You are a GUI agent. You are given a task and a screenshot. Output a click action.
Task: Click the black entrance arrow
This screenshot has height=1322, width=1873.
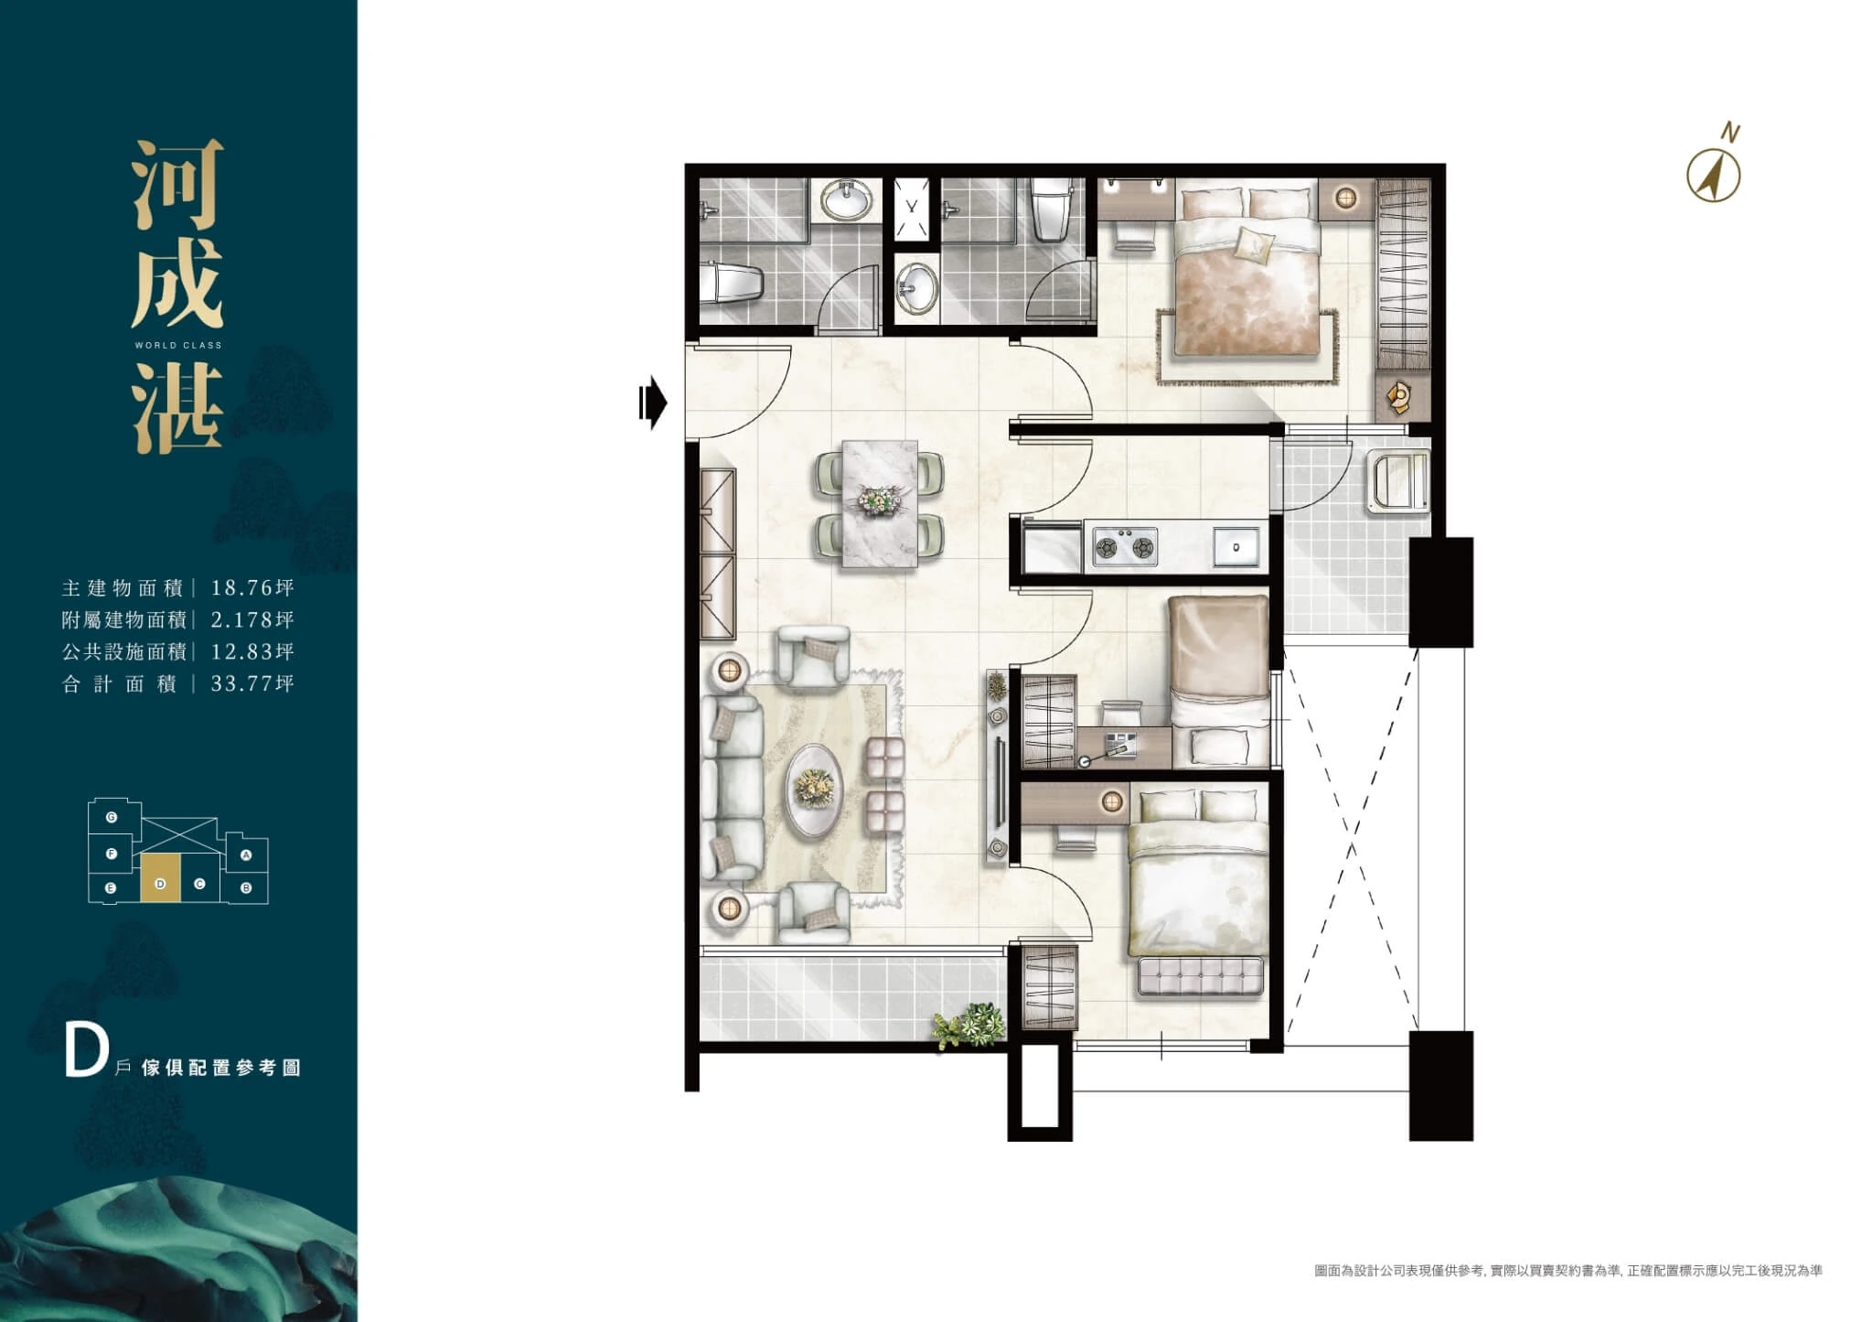pos(653,402)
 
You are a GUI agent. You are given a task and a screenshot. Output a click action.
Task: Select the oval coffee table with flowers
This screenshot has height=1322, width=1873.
pos(814,788)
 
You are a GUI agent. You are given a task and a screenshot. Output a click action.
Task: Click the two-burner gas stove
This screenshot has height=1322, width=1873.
pos(1124,548)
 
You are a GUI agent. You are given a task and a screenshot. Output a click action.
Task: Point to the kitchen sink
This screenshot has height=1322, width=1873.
pos(1235,547)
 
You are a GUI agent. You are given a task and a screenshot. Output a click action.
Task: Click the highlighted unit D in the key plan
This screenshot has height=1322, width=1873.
pos(160,879)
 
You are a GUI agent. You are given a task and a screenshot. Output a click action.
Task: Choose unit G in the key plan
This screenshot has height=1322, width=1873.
pos(112,817)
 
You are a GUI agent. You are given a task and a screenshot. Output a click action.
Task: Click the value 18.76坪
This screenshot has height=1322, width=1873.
pos(252,587)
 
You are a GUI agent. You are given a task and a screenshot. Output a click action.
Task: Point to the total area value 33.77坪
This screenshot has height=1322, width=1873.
pos(252,683)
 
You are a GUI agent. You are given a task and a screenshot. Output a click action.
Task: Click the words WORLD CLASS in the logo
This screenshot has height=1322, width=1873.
pos(178,345)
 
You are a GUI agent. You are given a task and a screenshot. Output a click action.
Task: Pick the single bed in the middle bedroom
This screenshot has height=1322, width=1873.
pos(1220,682)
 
